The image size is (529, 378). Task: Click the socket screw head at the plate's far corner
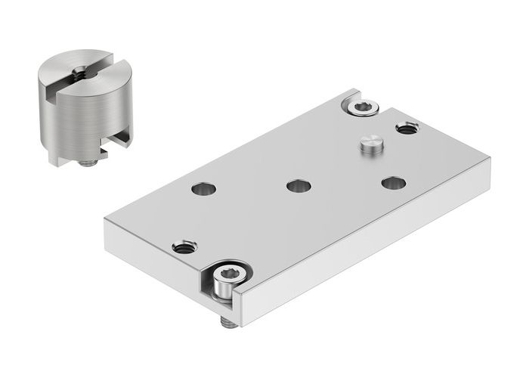[360, 107]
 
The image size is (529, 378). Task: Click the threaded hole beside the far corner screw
[407, 128]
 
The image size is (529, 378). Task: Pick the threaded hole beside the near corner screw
[184, 246]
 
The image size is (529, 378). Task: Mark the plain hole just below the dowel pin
[393, 182]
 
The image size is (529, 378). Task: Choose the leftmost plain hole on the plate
[202, 190]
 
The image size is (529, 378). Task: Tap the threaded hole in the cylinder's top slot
[79, 73]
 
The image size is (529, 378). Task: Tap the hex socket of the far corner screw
[360, 106]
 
